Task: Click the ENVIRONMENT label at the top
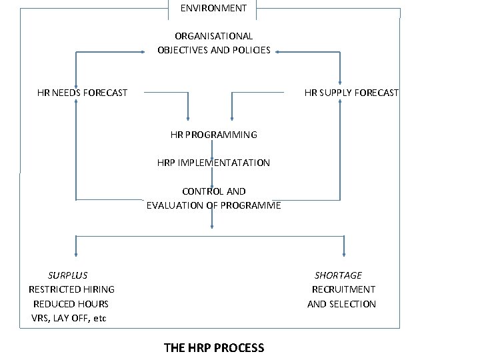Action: tap(213, 8)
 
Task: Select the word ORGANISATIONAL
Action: tap(213, 36)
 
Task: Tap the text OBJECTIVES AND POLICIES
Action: tap(213, 50)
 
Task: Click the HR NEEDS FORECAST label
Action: tap(82, 93)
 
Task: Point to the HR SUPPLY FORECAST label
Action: tap(351, 93)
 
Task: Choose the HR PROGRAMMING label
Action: tap(213, 135)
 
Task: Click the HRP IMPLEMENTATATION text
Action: tap(213, 163)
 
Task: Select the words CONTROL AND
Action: tap(213, 191)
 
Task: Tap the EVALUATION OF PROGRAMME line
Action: tap(213, 205)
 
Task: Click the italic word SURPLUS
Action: tap(67, 275)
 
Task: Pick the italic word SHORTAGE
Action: tap(338, 275)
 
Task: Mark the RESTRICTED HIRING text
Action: tap(71, 289)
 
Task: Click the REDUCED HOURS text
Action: tap(71, 304)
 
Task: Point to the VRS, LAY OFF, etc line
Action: tap(69, 318)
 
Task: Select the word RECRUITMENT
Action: tap(343, 289)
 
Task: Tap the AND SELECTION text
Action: tap(341, 304)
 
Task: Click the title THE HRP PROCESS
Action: tap(213, 347)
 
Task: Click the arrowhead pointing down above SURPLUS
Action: tap(76, 253)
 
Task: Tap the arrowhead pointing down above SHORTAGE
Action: tap(344, 253)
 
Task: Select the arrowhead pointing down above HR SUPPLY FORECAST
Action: tap(340, 80)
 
